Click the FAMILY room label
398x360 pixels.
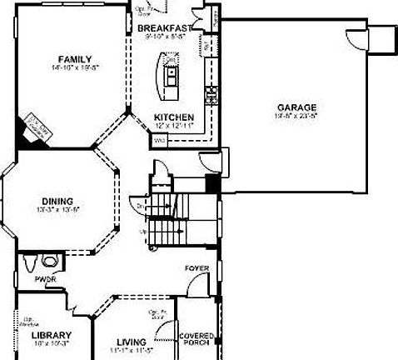click(68, 58)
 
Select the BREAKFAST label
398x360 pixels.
click(164, 27)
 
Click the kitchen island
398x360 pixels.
click(170, 75)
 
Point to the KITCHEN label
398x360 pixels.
click(174, 117)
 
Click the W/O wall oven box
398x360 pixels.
click(159, 141)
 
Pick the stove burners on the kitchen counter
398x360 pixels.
click(211, 92)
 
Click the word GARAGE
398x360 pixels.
click(297, 107)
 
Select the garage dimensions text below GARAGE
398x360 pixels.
click(297, 117)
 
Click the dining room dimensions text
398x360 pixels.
click(57, 210)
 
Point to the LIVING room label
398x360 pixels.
click(131, 342)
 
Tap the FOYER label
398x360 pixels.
click(197, 268)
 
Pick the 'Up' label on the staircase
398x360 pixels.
click(144, 231)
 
